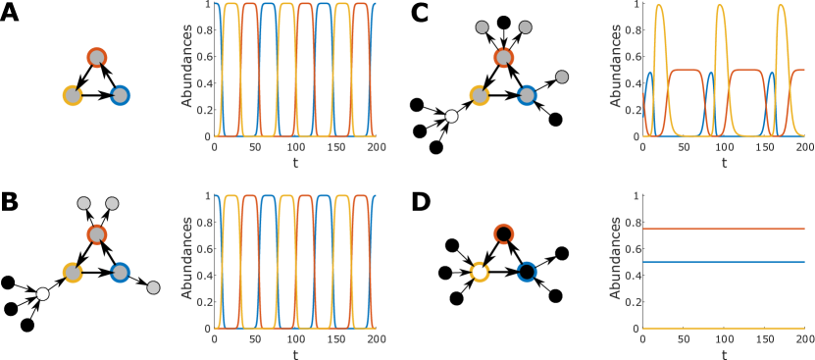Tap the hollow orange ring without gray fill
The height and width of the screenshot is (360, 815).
[503, 233]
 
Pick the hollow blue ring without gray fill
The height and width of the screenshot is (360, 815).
[527, 272]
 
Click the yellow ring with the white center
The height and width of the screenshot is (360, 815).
[480, 272]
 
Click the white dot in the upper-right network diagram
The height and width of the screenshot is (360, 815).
[451, 116]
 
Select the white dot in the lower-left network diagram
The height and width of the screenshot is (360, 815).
[42, 293]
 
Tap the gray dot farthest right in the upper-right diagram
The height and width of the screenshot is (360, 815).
[562, 77]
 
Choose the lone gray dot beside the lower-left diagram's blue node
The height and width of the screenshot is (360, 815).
[153, 287]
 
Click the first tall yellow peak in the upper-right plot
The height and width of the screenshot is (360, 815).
[659, 8]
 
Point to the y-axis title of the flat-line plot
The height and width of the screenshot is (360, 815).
[615, 261]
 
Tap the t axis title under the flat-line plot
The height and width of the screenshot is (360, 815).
[724, 353]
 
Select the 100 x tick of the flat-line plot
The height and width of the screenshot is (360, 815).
[723, 338]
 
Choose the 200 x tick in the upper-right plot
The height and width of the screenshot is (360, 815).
[803, 147]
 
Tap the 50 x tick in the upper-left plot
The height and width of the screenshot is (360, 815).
[255, 147]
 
